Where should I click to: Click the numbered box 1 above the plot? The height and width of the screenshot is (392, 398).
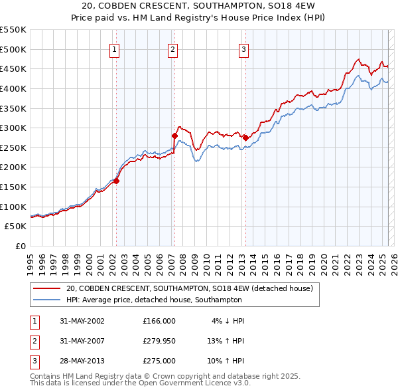(x=114, y=49)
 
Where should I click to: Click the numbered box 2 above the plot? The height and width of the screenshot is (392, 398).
(x=172, y=49)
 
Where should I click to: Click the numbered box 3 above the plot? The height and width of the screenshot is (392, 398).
(x=243, y=49)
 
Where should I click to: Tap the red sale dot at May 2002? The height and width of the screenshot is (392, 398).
(x=116, y=180)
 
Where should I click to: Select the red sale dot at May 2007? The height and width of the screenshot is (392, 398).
(x=175, y=136)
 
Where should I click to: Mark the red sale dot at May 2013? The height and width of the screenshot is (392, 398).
(x=245, y=138)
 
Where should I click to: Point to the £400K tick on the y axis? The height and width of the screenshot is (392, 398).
(x=14, y=88)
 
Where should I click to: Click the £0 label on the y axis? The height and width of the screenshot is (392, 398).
(x=21, y=246)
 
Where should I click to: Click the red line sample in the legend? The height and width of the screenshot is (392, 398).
(x=48, y=288)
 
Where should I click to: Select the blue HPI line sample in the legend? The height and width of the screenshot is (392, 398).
(x=48, y=299)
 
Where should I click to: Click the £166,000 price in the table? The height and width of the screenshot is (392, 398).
(x=159, y=320)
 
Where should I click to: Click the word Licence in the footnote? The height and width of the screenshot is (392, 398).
(x=213, y=383)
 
